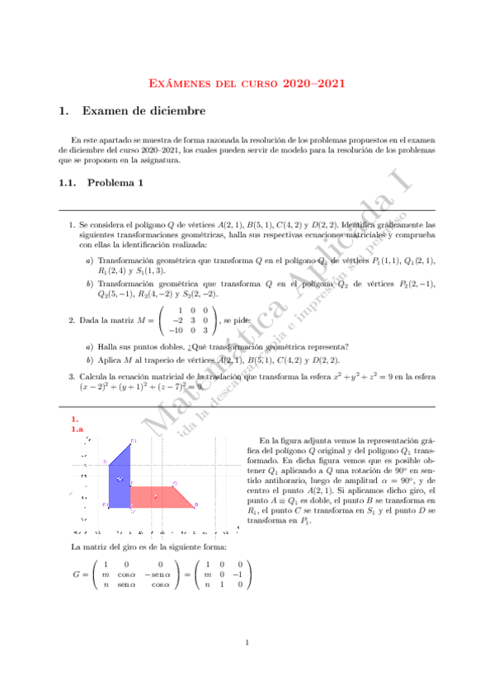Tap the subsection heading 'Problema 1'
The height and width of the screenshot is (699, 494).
click(x=115, y=183)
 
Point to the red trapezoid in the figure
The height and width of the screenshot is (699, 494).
click(x=161, y=495)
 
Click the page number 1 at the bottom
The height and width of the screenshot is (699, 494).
click(x=247, y=644)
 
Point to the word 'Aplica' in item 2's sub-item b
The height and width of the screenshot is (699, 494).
click(x=111, y=360)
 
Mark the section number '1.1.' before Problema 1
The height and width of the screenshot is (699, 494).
click(x=68, y=183)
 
